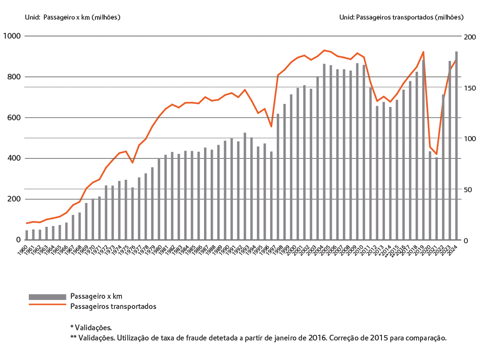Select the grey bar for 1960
pyautogui.click(x=27, y=235)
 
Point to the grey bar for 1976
pyautogui.click(x=132, y=214)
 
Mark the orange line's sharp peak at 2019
pyautogui.click(x=423, y=52)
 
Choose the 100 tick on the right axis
pyautogui.click(x=469, y=139)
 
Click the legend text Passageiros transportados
pyautogui.click(x=113, y=306)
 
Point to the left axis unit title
pyautogui.click(x=72, y=17)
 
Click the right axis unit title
pyautogui.click(x=401, y=17)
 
